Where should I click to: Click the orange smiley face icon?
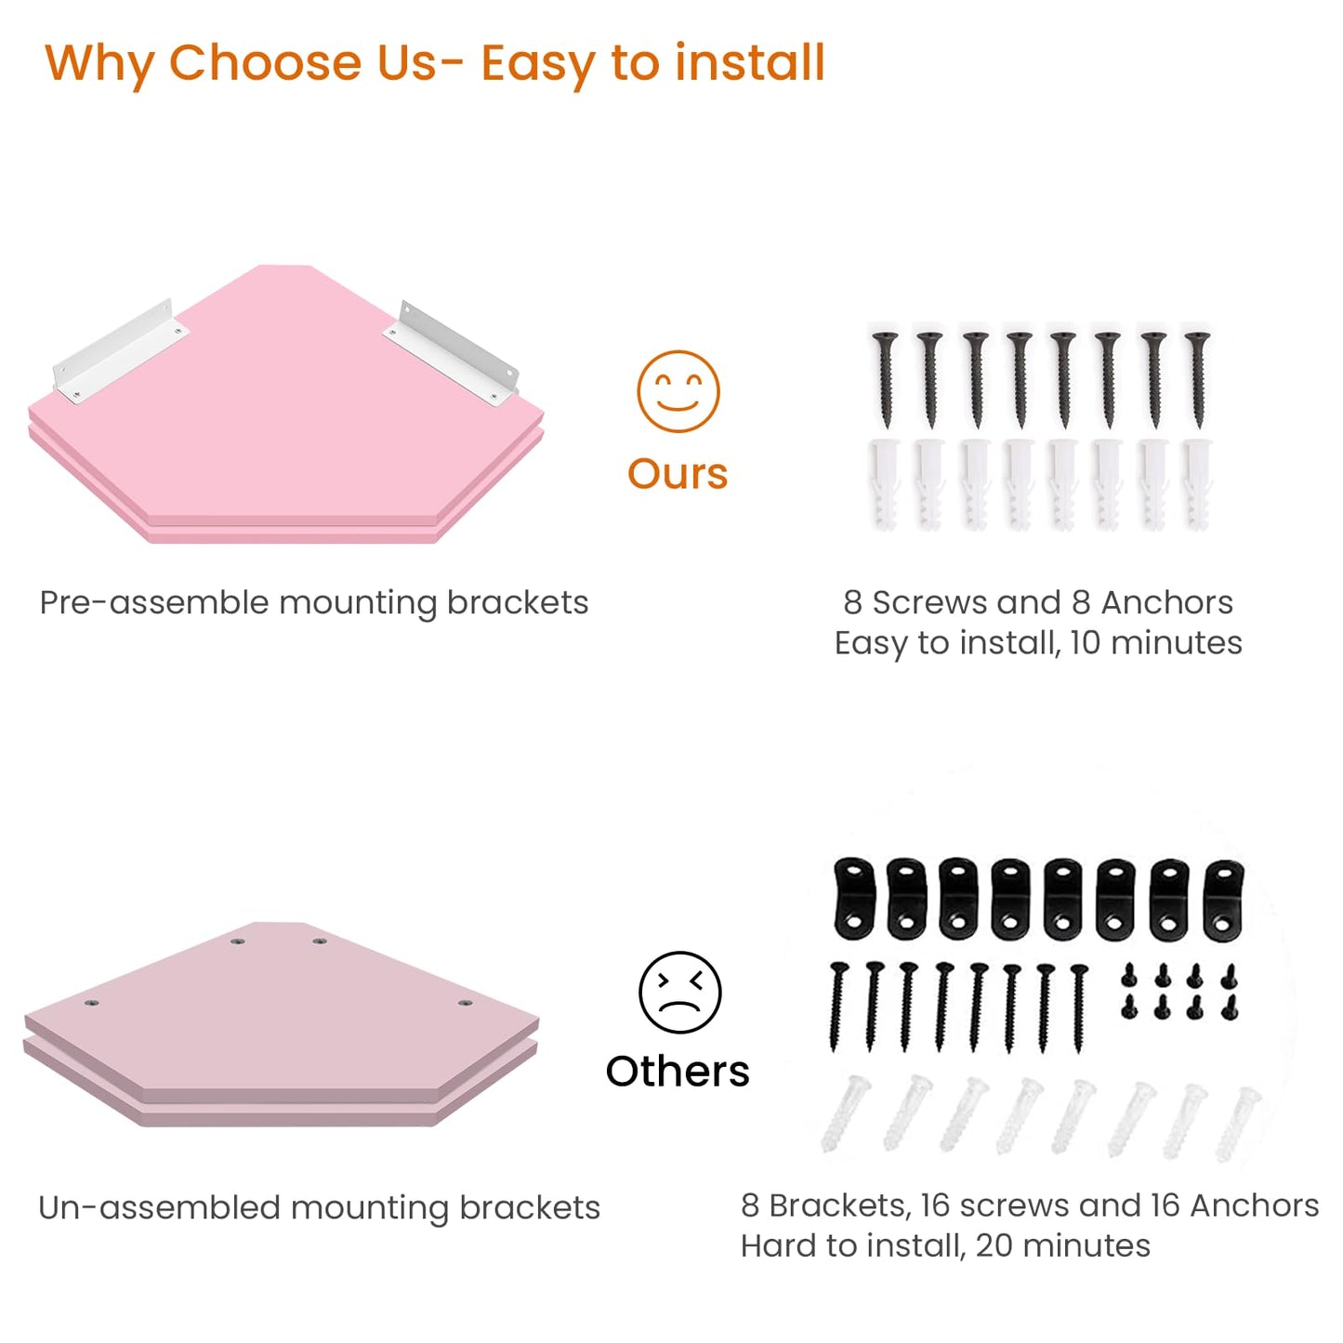(x=678, y=391)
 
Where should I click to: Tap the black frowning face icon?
(x=679, y=992)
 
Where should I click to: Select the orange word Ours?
(x=678, y=474)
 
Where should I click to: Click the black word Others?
(x=678, y=1072)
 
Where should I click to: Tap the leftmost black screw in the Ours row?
(x=887, y=379)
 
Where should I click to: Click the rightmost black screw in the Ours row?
(x=1197, y=379)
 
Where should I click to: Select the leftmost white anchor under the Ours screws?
(x=885, y=483)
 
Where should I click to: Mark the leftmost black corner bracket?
(x=854, y=898)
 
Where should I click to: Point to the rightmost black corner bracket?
(x=1225, y=899)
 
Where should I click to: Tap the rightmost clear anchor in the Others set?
(x=1238, y=1125)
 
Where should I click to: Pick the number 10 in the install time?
(x=1085, y=642)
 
